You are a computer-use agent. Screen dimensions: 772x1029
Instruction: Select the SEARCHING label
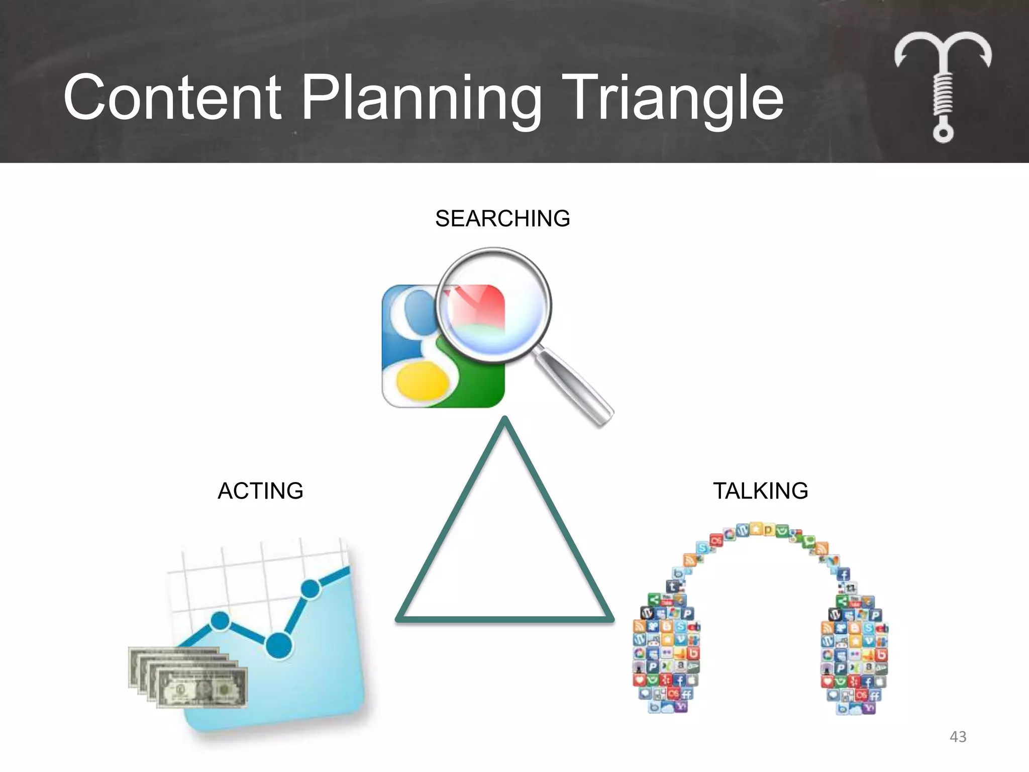click(502, 219)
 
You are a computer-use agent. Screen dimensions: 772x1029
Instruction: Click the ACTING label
click(260, 491)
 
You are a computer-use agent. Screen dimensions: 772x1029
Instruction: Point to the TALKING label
click(760, 491)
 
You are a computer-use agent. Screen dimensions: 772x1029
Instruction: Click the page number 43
click(958, 737)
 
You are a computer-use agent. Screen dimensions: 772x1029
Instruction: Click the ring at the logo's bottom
click(943, 133)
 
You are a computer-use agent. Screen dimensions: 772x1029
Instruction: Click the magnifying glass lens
click(494, 305)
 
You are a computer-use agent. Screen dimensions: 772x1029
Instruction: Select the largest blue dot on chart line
click(278, 645)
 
